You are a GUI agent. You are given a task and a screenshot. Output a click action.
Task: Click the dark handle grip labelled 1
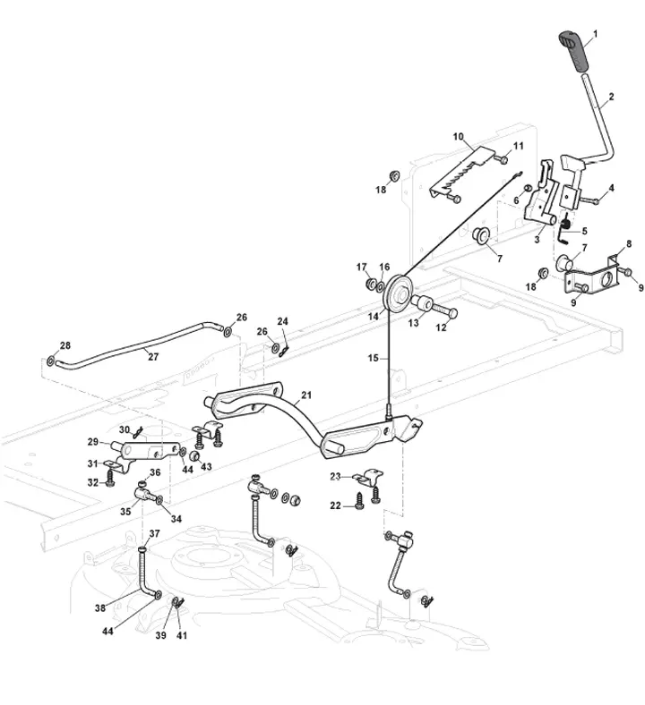(573, 51)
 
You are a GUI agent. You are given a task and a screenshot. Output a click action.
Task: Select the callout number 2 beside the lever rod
(611, 97)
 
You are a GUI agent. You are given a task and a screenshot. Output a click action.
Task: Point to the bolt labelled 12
(444, 310)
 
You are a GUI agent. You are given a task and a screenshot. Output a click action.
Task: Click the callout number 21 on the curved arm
(306, 395)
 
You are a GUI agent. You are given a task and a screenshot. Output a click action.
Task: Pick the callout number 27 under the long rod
(153, 357)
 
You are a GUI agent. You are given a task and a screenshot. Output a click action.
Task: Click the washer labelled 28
(51, 361)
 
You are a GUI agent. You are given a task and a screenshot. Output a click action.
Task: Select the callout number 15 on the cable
(374, 358)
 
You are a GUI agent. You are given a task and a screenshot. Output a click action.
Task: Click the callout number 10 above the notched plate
(458, 137)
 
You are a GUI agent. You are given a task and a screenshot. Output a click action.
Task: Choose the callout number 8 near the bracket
(629, 243)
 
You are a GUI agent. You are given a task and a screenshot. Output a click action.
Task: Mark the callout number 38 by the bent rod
(100, 607)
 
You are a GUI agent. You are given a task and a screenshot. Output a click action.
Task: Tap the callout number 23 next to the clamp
(335, 477)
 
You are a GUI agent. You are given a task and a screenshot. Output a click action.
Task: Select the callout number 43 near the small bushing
(206, 466)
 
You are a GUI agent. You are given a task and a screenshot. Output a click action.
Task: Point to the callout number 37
(154, 533)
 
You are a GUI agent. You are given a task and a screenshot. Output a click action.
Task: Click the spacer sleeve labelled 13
(421, 302)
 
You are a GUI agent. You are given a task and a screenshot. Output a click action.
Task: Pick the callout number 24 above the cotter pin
(282, 321)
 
